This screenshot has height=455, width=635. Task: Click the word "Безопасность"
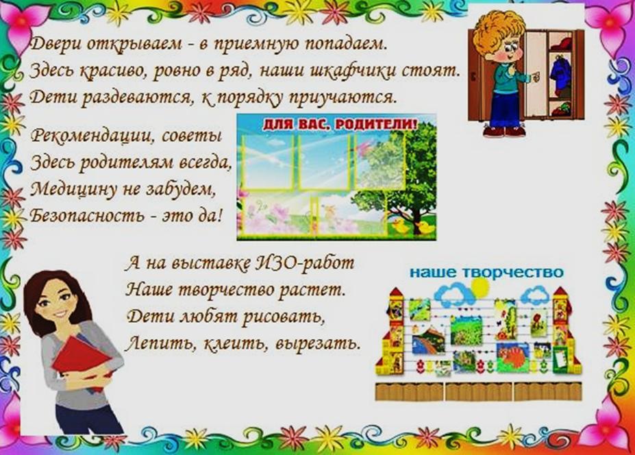click(x=87, y=215)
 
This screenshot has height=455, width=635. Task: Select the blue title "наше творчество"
click(x=486, y=273)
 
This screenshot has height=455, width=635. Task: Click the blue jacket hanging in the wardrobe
click(x=560, y=73)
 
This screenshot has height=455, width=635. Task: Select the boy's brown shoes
click(x=504, y=132)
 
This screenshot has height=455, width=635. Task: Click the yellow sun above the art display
click(x=481, y=287)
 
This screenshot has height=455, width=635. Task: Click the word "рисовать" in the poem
click(x=284, y=317)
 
